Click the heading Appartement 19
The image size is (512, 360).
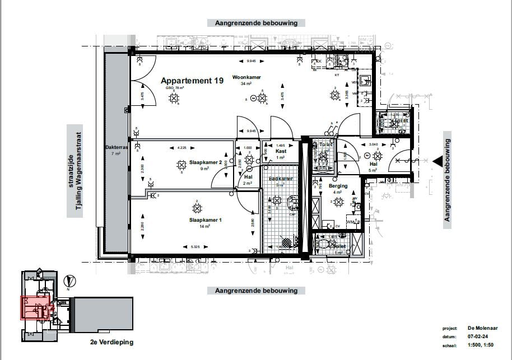coord(192,81)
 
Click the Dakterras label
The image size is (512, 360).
coord(117,148)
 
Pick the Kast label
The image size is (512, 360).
coord(281,151)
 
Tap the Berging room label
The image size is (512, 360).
coord(338,186)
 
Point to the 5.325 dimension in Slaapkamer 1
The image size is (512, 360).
coord(196,246)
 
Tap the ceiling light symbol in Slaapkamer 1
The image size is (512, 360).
coord(197,208)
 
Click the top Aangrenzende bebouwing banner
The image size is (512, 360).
coord(256,23)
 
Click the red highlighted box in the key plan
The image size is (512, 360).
coord(37,307)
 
